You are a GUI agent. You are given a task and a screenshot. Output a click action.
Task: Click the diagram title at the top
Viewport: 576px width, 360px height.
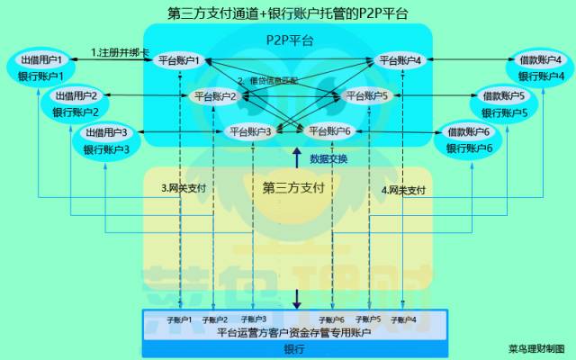[288, 13]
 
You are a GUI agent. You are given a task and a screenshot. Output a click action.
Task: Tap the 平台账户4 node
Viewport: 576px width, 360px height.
[400, 60]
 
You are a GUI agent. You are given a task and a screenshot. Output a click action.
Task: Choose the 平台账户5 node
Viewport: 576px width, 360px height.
[367, 95]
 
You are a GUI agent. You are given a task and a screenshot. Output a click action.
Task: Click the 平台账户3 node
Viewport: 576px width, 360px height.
[250, 131]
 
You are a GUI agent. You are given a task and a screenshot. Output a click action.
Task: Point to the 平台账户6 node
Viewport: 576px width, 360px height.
[330, 131]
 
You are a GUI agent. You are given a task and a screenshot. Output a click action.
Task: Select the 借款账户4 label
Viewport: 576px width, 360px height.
[541, 60]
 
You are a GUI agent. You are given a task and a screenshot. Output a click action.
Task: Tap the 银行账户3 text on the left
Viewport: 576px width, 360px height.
[107, 148]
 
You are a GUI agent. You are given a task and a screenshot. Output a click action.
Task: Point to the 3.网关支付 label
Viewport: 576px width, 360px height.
[184, 189]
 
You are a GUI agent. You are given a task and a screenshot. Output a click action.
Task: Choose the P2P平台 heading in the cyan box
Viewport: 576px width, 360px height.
[290, 40]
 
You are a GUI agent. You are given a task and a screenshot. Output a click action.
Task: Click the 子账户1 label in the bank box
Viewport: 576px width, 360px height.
[180, 319]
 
